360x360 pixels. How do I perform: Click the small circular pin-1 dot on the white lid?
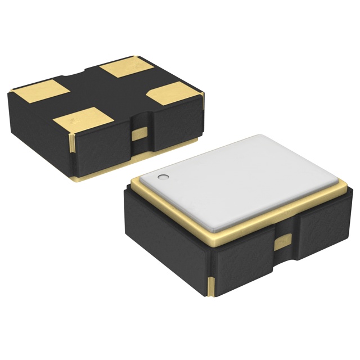pyautogui.click(x=164, y=178)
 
